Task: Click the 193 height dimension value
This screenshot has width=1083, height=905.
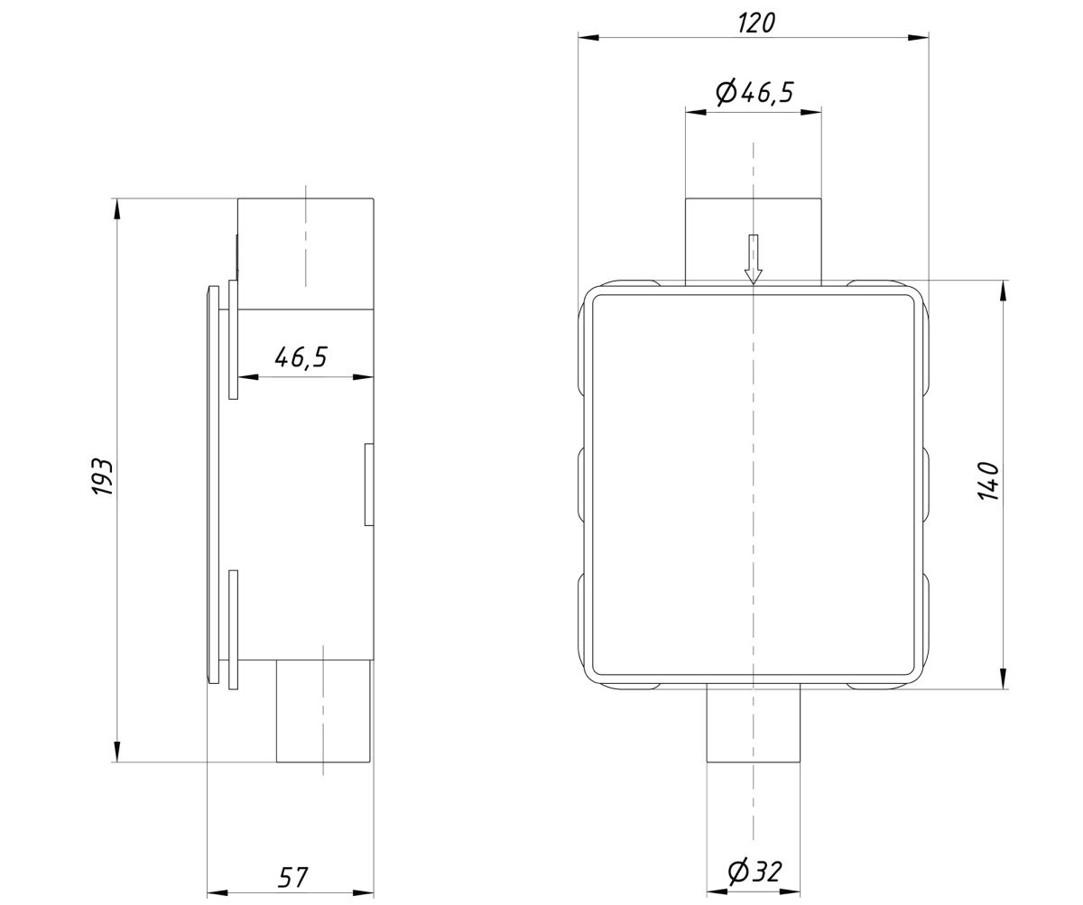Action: (102, 476)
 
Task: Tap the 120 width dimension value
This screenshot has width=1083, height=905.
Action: (756, 23)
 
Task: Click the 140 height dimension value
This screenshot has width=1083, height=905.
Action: (988, 481)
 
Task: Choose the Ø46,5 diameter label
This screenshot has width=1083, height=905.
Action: (754, 92)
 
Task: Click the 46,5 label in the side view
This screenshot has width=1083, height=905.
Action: (301, 357)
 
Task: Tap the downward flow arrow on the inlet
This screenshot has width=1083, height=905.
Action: (753, 259)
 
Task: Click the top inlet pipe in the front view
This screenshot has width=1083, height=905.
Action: (753, 242)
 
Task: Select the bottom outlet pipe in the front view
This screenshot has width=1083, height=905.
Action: (753, 725)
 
